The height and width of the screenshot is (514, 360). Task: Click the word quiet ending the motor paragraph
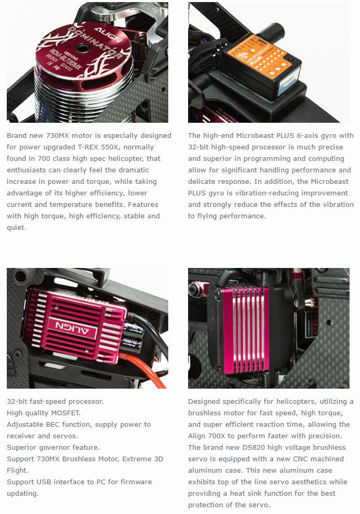pyautogui.click(x=16, y=228)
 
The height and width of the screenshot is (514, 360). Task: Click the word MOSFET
pyautogui.click(x=67, y=413)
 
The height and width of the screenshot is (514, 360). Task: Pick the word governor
pyautogui.click(x=54, y=448)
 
